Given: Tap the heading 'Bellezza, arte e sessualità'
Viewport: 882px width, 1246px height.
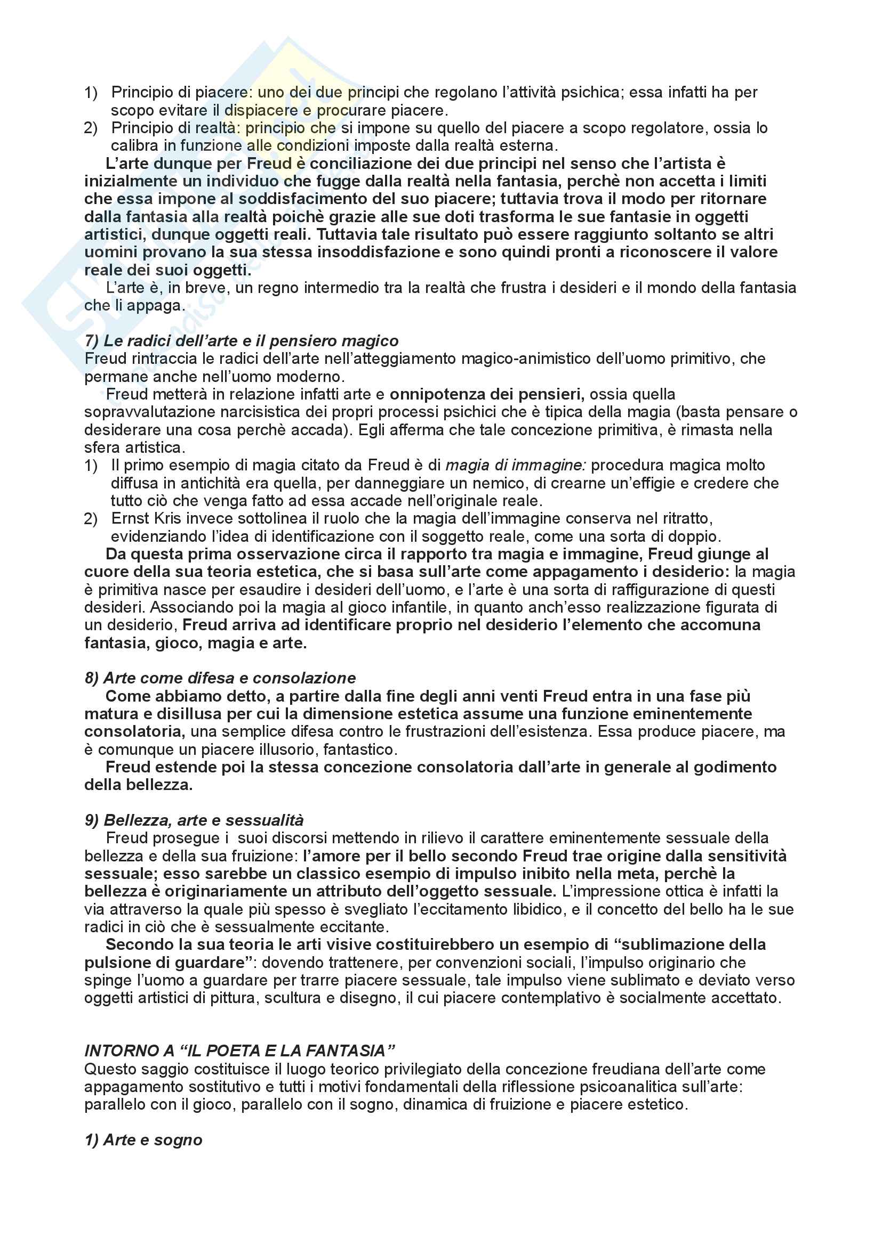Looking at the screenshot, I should point(204,820).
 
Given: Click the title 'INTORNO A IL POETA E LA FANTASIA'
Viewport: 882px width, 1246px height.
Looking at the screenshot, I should point(239,1051).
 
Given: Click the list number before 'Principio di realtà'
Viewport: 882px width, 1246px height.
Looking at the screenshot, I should point(91,128).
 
